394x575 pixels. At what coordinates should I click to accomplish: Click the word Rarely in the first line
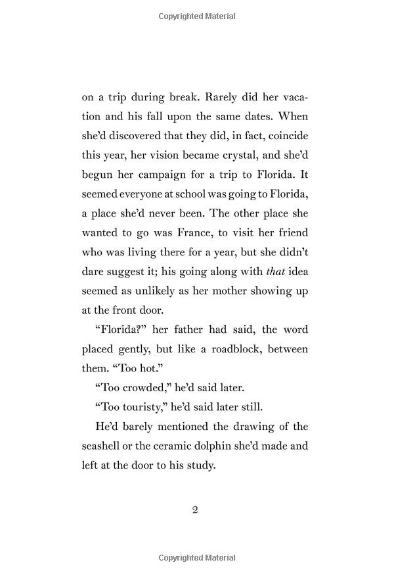[x=223, y=97]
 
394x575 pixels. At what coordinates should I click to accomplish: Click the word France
[x=201, y=232]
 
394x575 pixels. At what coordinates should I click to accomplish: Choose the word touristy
[x=131, y=407]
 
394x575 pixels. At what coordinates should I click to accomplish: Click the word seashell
[x=105, y=446]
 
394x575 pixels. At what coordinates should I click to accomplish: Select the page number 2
[x=195, y=510]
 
